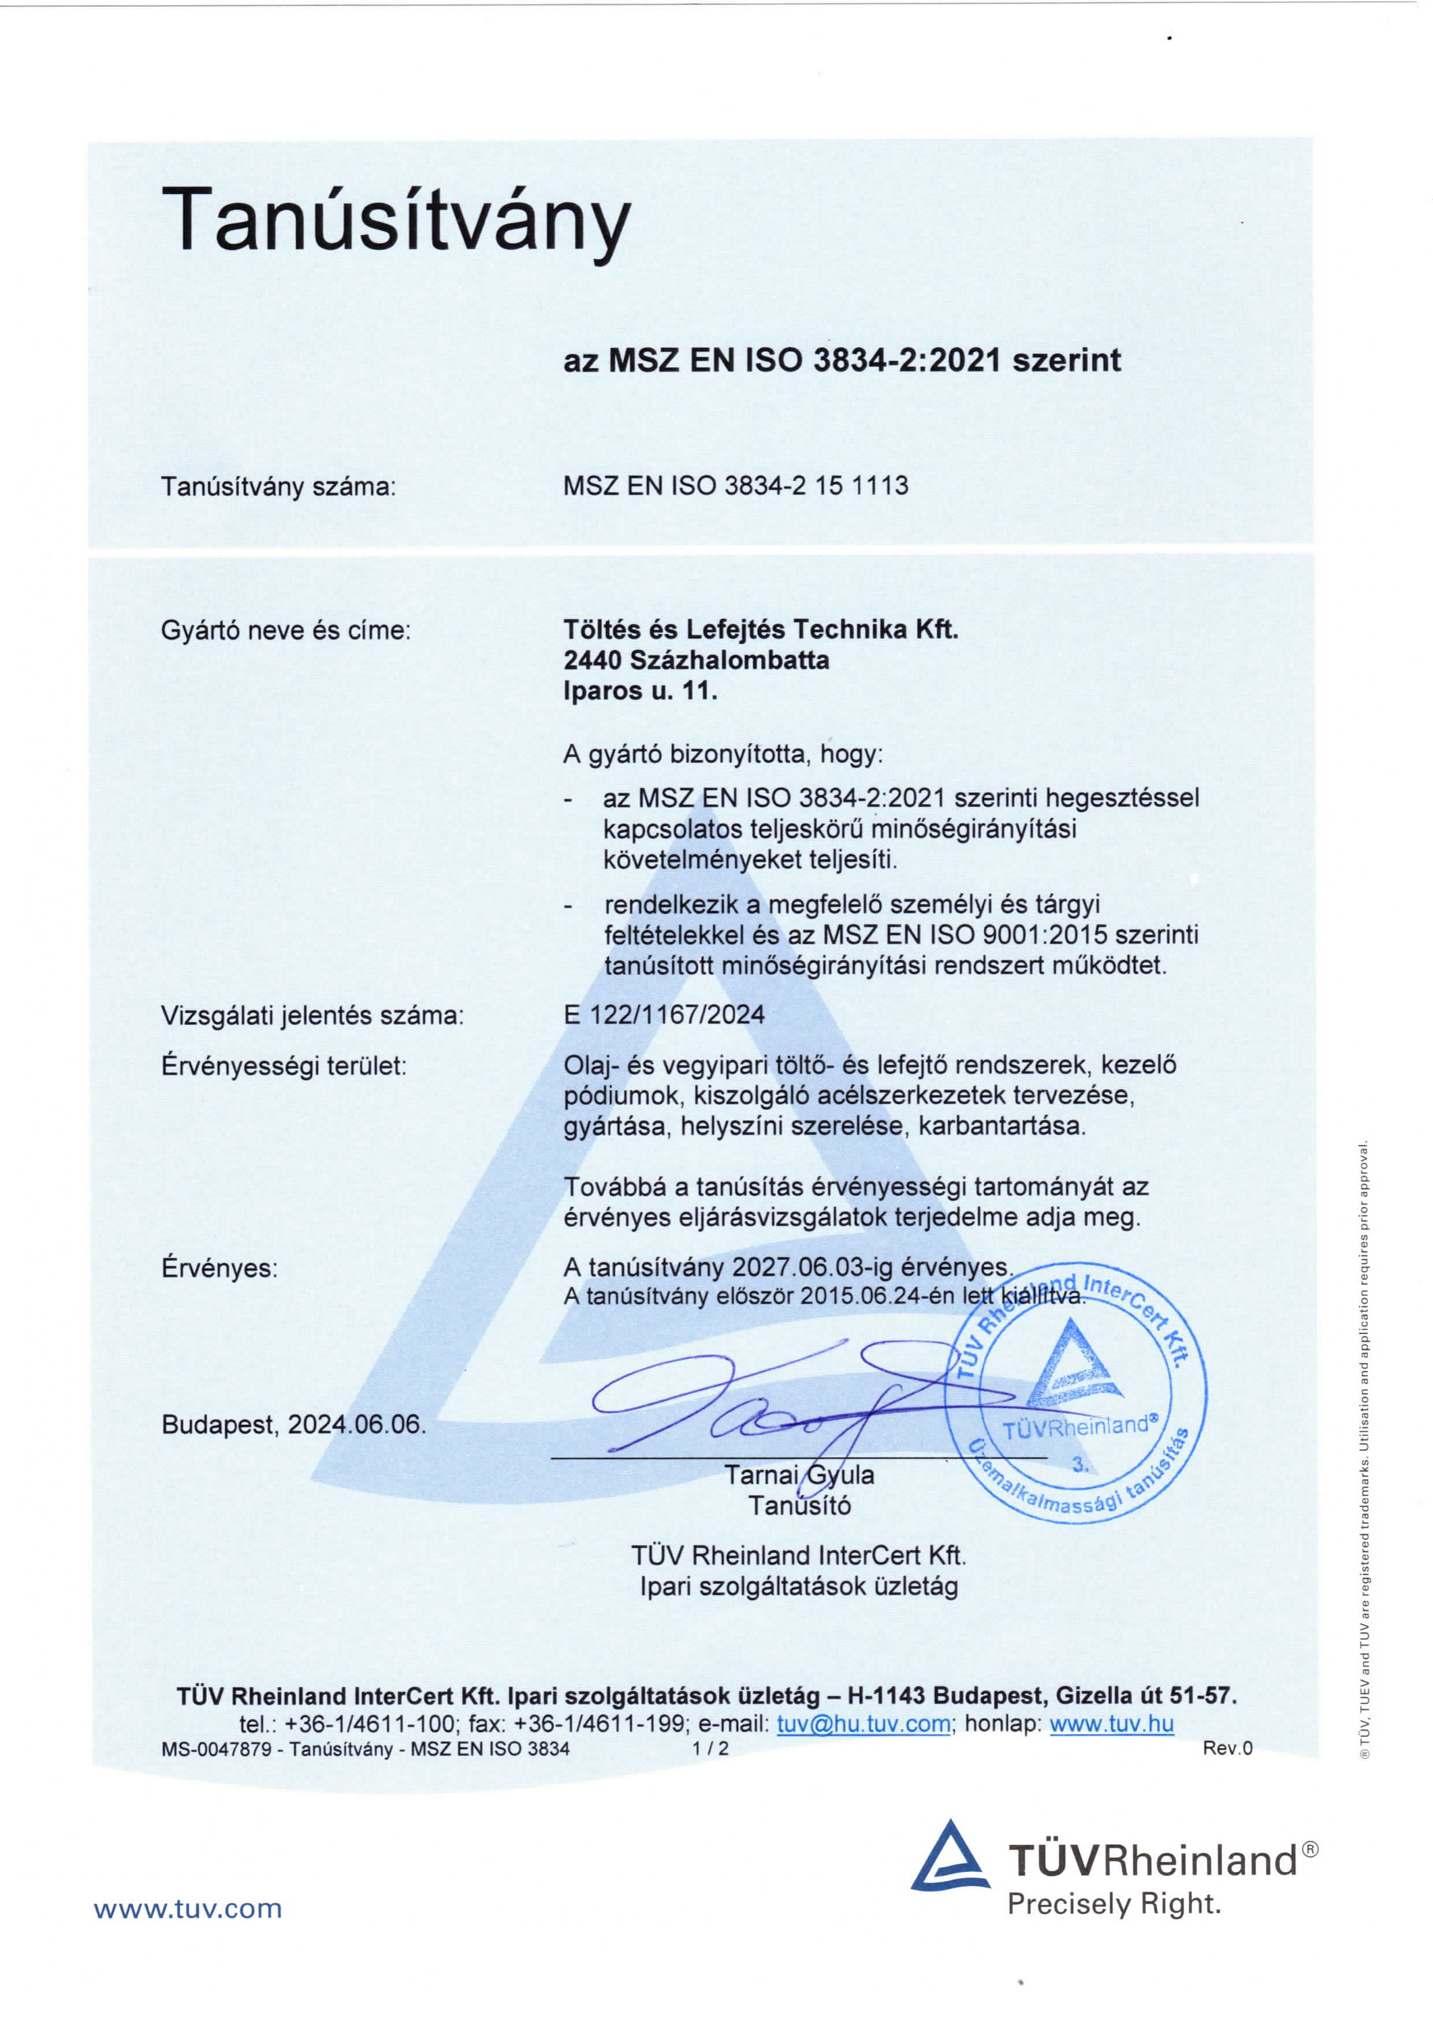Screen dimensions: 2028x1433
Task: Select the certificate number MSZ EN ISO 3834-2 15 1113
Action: [x=735, y=486]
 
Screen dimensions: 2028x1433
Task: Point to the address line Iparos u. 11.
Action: [x=640, y=690]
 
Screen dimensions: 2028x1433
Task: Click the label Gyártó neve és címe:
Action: [x=286, y=631]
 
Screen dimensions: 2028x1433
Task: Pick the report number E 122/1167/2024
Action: [x=664, y=1014]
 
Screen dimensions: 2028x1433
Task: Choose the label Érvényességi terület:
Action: [x=284, y=1065]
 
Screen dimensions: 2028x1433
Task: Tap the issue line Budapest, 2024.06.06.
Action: [x=294, y=1425]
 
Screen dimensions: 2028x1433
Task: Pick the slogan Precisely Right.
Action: [x=1114, y=1903]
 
